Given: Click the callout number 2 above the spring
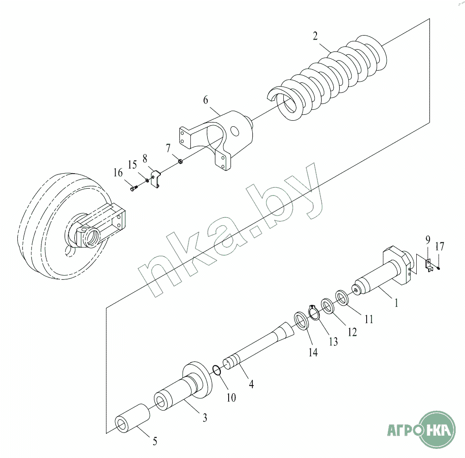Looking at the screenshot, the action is (x=315, y=36).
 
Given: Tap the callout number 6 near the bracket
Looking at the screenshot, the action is (x=205, y=100).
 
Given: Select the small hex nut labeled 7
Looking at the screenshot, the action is (x=180, y=161).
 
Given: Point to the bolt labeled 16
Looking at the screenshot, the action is (x=134, y=188).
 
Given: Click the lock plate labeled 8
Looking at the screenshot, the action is (x=156, y=179).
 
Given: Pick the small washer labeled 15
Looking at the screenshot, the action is (x=147, y=180).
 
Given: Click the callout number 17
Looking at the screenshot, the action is (x=439, y=246).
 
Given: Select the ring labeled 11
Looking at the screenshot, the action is (x=342, y=298).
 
